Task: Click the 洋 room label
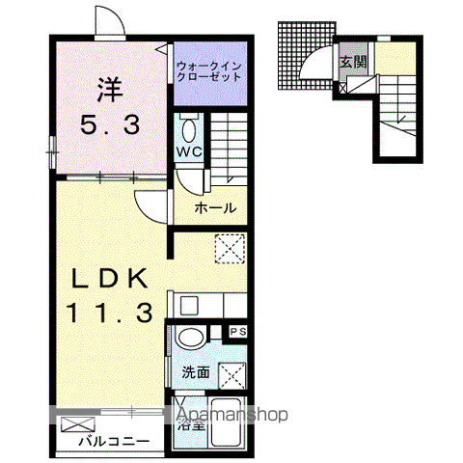coord(107,90)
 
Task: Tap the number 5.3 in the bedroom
coord(107,124)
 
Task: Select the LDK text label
coord(108,278)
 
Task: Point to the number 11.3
coord(108,313)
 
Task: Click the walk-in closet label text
coord(208,71)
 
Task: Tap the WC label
coord(187,151)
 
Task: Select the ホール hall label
coord(215,208)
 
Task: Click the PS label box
coord(236,333)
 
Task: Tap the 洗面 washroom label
coord(197,371)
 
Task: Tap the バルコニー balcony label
coord(114,443)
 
